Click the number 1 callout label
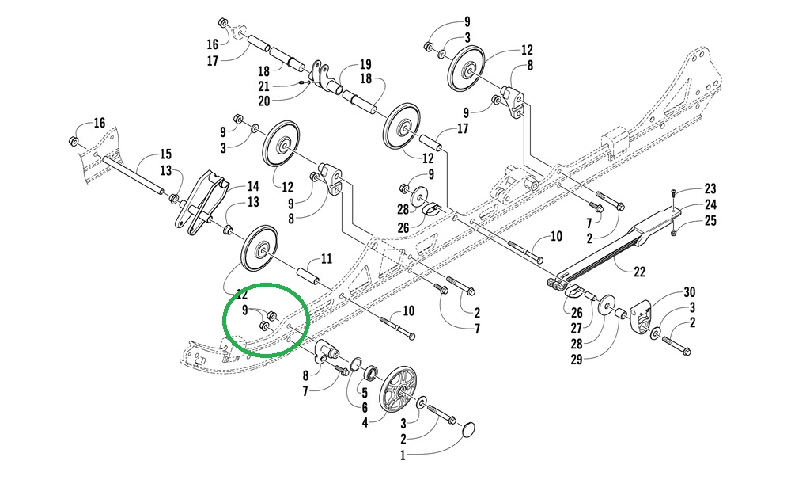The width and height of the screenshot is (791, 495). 402,456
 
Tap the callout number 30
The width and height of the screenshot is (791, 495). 689,293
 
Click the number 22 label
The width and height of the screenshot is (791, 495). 640,272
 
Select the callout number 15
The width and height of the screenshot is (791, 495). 165,154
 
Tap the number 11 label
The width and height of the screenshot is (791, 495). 325,258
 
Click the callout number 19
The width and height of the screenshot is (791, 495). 365,64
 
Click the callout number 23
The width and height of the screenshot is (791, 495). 710,188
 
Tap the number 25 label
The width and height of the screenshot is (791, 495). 710,220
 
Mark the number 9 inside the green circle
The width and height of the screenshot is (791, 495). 245,309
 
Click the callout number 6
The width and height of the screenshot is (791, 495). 364,407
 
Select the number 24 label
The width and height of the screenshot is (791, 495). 710,204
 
